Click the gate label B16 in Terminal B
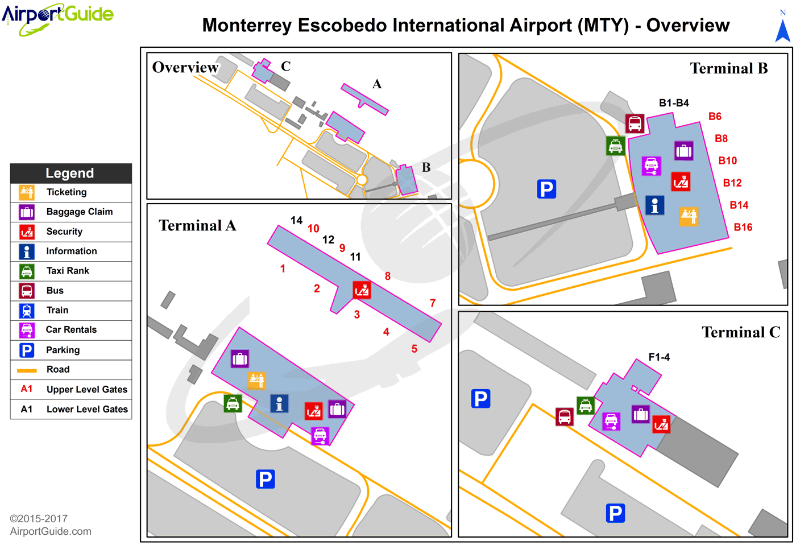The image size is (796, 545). pos(743,227)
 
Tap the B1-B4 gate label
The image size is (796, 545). pos(674,103)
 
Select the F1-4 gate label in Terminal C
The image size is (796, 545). pos(659,357)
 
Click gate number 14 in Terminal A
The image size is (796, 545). pos(296,220)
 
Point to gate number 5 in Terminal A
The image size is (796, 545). pos(414,349)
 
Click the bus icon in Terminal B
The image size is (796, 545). pos(635,123)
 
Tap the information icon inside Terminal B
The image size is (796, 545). pos(654,205)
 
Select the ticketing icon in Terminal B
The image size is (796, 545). pos(689,216)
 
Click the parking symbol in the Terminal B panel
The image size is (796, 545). pos(546,189)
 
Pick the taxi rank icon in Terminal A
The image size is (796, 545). pos(233,403)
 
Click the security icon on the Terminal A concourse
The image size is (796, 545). pos(362,290)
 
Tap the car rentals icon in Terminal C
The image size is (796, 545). pos(611,422)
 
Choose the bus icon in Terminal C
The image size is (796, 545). pos(564,416)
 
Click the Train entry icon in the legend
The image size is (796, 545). pos(27,311)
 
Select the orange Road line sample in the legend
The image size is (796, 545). pos(27,370)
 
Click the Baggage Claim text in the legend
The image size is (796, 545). pos(79,212)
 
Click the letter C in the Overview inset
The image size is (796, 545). pos(285,67)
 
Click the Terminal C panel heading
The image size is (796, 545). pos(740,332)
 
